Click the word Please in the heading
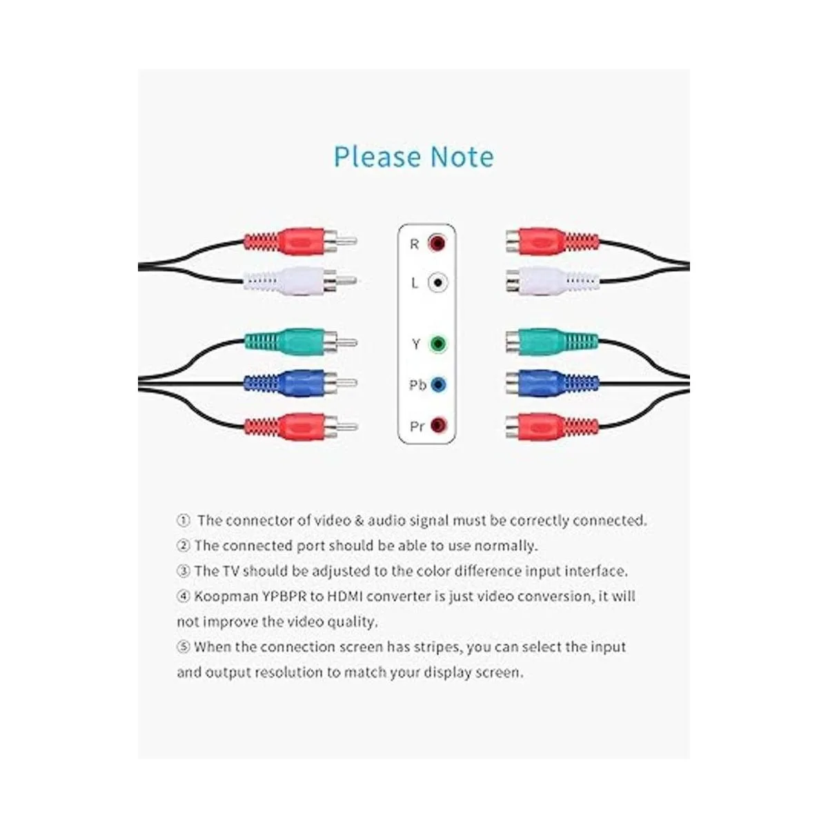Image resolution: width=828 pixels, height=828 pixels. (377, 157)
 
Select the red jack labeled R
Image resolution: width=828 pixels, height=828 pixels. (437, 243)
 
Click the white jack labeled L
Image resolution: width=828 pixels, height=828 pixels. (437, 283)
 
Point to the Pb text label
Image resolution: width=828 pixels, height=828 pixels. (417, 385)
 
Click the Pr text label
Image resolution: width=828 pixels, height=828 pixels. (417, 426)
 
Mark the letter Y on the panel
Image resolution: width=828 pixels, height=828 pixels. (415, 344)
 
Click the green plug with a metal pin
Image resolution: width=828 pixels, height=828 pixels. (301, 342)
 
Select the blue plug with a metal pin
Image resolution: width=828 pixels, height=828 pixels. (300, 382)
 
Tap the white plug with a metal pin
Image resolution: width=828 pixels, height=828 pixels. (300, 281)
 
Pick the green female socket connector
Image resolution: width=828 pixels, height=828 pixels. (552, 342)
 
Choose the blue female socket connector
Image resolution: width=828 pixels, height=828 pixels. (552, 383)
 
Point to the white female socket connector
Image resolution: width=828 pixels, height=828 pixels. (552, 281)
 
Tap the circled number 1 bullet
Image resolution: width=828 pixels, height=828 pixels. (183, 520)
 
